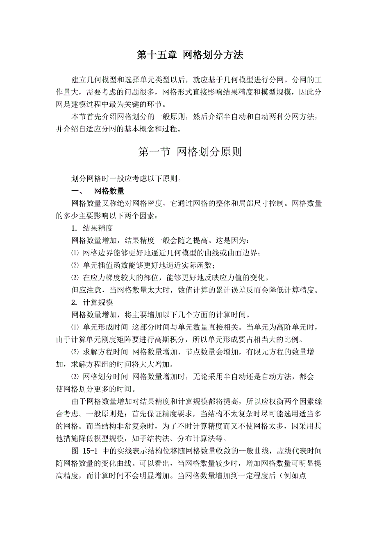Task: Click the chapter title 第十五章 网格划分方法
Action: click(x=190, y=55)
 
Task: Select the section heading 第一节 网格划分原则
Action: click(x=190, y=152)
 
